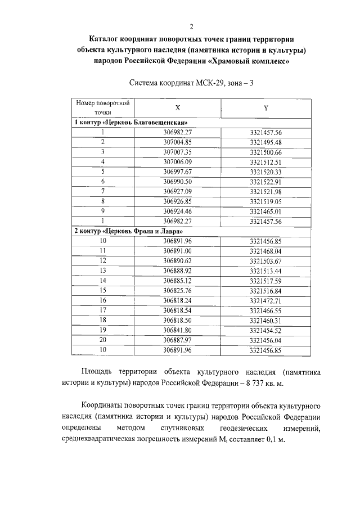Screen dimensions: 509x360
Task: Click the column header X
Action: pyautogui.click(x=178, y=107)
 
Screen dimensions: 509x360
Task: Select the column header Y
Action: pyautogui.click(x=265, y=107)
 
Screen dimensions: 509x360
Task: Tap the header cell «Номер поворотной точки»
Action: pyautogui.click(x=103, y=107)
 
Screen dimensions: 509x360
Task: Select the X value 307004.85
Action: pyautogui.click(x=177, y=142)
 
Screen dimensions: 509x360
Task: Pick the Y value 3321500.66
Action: pyautogui.click(x=265, y=152)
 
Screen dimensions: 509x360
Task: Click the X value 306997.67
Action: pyautogui.click(x=177, y=172)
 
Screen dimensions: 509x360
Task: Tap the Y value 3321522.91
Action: pyautogui.click(x=265, y=182)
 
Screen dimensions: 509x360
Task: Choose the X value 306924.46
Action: pyautogui.click(x=177, y=211)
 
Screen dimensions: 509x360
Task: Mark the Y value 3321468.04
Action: pyautogui.click(x=265, y=251)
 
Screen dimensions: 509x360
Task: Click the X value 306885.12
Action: pyautogui.click(x=177, y=280)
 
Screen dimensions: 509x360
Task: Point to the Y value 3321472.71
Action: pyautogui.click(x=265, y=300)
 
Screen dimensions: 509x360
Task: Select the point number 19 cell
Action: pyautogui.click(x=103, y=330)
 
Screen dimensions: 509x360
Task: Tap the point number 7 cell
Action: pyautogui.click(x=103, y=191)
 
